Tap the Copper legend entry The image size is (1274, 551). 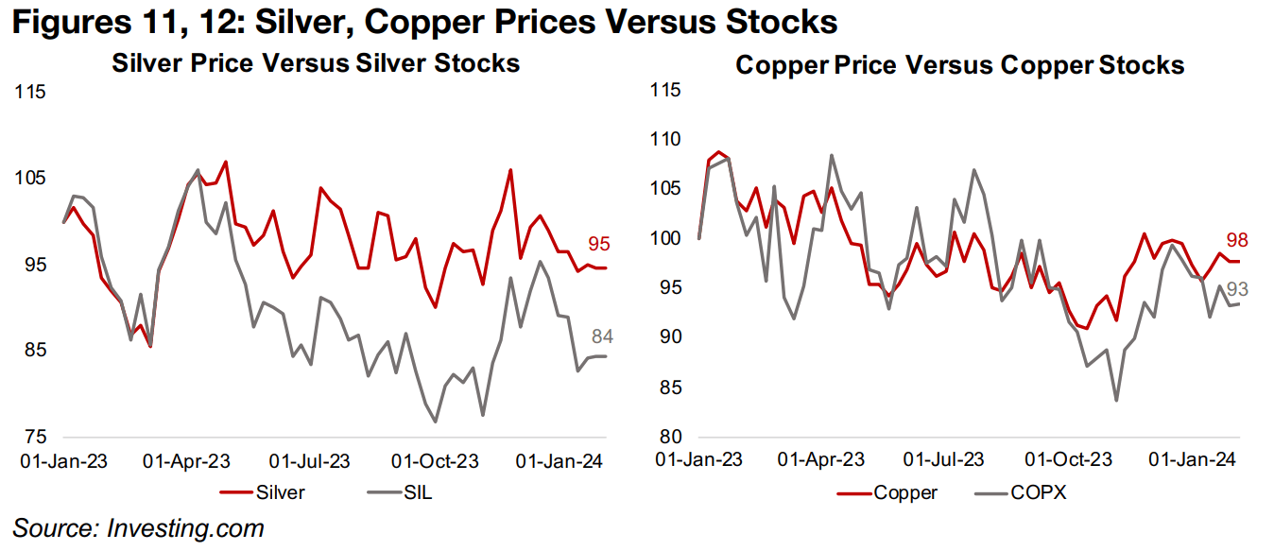coord(905,491)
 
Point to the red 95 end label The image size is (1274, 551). coord(598,244)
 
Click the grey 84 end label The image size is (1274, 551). coord(603,336)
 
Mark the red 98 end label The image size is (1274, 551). coord(1237,240)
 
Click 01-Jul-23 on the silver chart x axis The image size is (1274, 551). coord(310,462)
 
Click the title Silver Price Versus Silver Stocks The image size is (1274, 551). coord(316,63)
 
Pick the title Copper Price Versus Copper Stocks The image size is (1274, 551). coord(959,65)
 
